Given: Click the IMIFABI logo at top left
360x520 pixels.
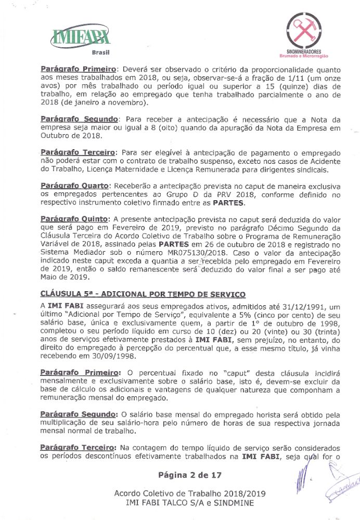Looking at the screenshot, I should (x=78, y=36).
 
